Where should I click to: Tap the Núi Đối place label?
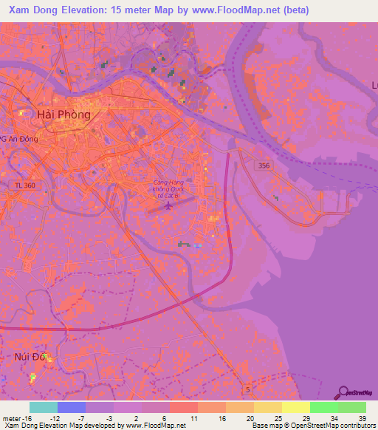coord(31,357)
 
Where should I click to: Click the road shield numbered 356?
coord(264,166)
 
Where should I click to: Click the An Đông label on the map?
coord(22,138)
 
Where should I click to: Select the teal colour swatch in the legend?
coord(44,407)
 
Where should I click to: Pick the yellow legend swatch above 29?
coord(296,407)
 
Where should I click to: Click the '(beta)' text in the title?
coord(292,10)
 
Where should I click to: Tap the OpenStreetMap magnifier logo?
coord(343,392)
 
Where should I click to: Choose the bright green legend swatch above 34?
coord(324,407)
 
